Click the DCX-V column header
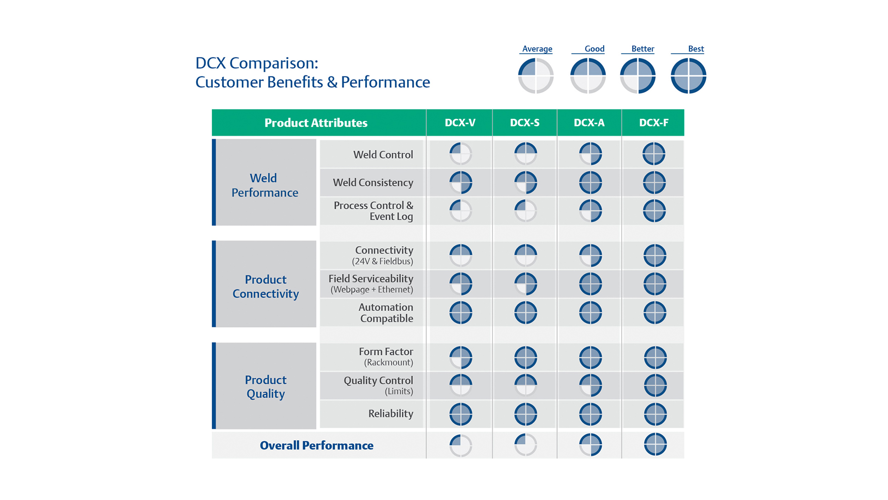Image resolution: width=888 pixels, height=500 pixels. click(460, 123)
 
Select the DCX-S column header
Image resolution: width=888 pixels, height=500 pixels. click(524, 123)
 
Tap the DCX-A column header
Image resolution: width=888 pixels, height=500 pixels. click(589, 123)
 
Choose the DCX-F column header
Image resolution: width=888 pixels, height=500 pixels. click(654, 123)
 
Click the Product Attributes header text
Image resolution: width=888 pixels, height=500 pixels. click(316, 123)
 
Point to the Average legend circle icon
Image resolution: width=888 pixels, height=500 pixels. click(536, 75)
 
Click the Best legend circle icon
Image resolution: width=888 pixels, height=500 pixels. click(688, 75)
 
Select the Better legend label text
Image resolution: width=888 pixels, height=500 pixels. click(642, 49)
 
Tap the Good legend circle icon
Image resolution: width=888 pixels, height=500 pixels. click(588, 75)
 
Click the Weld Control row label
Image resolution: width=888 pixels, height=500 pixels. click(383, 155)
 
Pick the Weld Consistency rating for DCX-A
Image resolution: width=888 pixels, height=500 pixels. click(590, 182)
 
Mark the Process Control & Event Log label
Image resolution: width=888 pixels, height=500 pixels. click(373, 211)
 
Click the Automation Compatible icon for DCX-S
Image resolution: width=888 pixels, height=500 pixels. click(525, 312)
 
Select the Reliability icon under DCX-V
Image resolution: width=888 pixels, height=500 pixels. click(461, 414)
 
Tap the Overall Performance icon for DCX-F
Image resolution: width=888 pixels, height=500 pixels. click(655, 444)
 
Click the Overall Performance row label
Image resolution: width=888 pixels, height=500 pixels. click(316, 445)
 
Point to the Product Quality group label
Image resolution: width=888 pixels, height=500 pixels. click(265, 387)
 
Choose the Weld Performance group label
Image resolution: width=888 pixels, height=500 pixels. click(265, 185)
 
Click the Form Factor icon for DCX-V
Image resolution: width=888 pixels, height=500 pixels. click(461, 357)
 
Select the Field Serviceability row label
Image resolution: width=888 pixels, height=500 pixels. click(371, 284)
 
